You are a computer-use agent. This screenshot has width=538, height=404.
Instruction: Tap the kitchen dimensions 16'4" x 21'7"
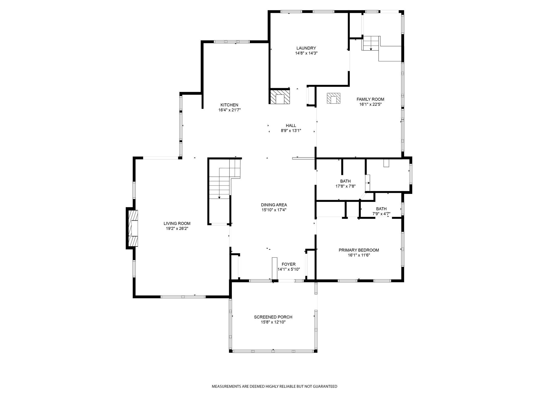[x=229, y=110]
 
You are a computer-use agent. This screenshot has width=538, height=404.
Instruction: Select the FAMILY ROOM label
[x=370, y=99]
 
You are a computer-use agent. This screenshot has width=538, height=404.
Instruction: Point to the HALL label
[x=291, y=125]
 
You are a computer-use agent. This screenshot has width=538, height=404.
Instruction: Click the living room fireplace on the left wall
[x=133, y=228]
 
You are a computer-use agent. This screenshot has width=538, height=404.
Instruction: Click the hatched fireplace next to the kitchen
[x=280, y=97]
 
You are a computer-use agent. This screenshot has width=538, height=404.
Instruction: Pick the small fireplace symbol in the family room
[x=334, y=98]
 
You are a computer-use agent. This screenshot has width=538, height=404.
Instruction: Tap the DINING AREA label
[x=274, y=205]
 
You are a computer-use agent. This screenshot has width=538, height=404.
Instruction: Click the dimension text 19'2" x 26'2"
[x=177, y=229]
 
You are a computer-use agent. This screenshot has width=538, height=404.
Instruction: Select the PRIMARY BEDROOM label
[x=359, y=250]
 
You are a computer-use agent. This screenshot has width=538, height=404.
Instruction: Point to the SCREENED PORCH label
[x=273, y=317]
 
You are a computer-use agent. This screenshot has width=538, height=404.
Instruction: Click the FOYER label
[x=288, y=264]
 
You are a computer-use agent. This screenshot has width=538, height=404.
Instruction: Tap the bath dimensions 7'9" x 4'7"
[x=381, y=214]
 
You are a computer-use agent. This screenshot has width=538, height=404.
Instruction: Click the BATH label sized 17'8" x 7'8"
[x=345, y=181]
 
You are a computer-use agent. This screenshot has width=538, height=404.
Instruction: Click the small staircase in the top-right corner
[x=370, y=43]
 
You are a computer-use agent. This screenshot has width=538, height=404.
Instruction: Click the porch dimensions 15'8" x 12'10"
[x=273, y=322]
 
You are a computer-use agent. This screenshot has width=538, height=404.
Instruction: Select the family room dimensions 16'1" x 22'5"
[x=370, y=104]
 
